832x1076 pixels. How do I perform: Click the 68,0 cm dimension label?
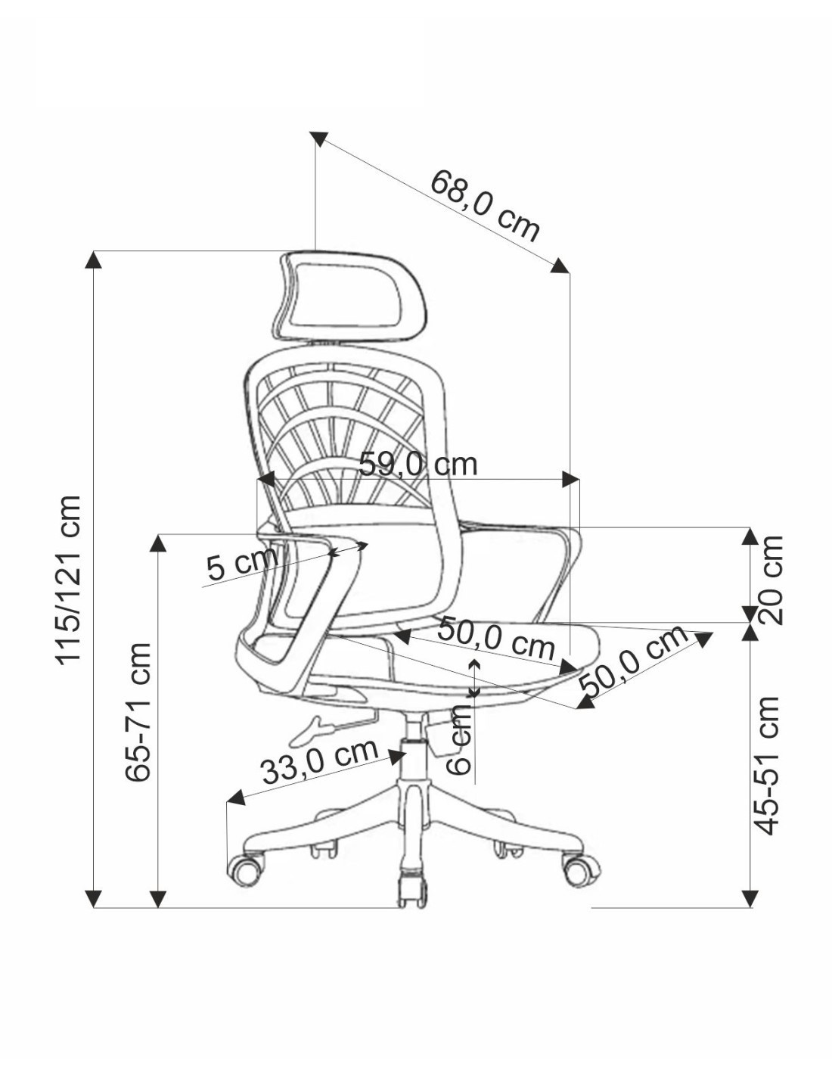point(484,205)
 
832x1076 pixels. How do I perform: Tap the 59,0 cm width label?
point(418,464)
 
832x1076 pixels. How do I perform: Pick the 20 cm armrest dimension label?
point(770,580)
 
